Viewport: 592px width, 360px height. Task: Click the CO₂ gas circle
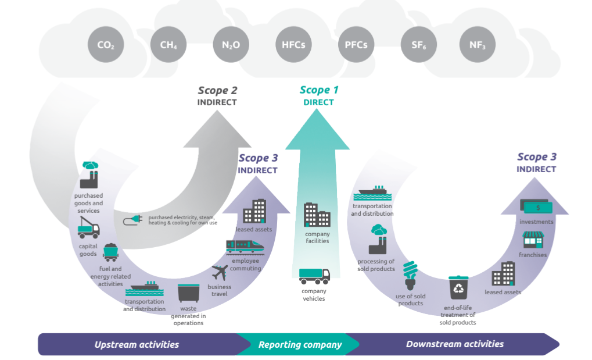tap(106, 45)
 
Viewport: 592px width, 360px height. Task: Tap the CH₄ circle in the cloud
tap(168, 45)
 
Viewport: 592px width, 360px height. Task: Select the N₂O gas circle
tap(231, 45)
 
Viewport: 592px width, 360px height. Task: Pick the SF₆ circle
tap(419, 45)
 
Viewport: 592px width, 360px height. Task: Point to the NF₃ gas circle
tap(477, 45)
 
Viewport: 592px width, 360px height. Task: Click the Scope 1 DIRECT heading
tap(319, 96)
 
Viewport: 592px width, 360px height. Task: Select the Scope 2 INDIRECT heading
tap(217, 96)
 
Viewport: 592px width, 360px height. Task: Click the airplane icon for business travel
tap(220, 272)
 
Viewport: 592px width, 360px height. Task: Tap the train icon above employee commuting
tap(245, 247)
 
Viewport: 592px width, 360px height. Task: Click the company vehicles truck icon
tap(314, 276)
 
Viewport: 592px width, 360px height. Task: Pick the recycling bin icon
tap(458, 288)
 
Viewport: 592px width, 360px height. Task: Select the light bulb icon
tap(410, 275)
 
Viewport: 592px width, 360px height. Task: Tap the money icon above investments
tap(536, 206)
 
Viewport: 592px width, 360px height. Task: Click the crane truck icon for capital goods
tap(88, 227)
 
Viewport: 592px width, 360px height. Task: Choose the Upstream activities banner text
tap(137, 344)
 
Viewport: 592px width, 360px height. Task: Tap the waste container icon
tap(188, 293)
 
